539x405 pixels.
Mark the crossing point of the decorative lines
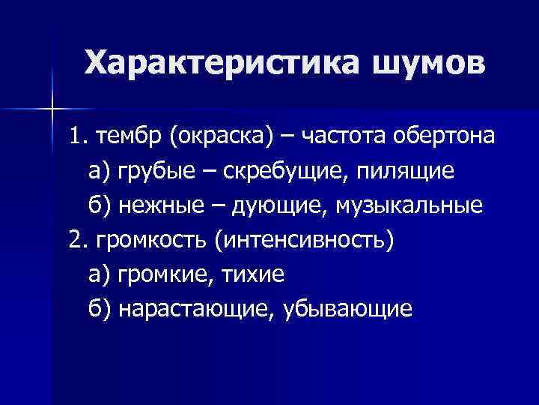pos(52,109)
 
